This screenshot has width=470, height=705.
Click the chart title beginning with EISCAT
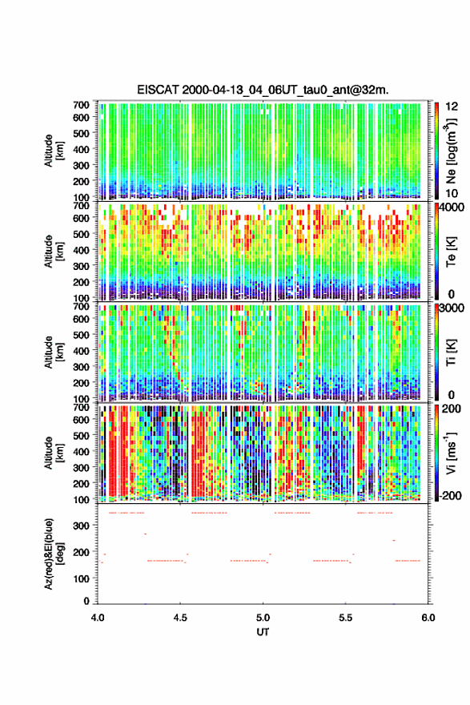tap(263, 90)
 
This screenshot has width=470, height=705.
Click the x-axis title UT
tap(263, 632)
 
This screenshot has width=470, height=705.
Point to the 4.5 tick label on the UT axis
tap(180, 618)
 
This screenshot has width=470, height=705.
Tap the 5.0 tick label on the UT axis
tap(263, 618)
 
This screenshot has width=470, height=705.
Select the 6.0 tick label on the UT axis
tap(428, 618)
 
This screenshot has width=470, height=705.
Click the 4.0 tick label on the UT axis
tap(98, 618)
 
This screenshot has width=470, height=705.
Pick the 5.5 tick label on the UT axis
tap(346, 618)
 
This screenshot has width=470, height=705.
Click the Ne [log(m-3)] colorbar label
tap(451, 151)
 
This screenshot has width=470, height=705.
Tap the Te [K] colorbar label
tap(451, 252)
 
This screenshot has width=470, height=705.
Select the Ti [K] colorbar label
tap(451, 353)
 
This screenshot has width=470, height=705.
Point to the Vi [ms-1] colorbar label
tap(451, 453)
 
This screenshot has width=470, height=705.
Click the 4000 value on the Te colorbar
tap(452, 207)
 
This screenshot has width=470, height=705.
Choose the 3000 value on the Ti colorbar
tap(452, 308)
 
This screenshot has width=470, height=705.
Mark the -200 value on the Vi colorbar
tap(450, 495)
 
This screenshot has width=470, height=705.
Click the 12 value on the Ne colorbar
tap(452, 107)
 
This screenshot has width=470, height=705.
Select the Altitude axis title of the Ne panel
tap(54, 151)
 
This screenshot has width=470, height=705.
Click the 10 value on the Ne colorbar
tap(452, 193)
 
